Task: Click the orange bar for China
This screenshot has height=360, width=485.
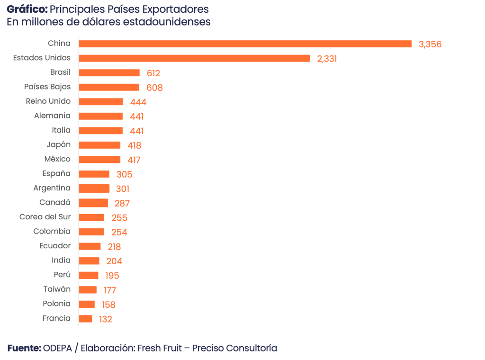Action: tap(245, 44)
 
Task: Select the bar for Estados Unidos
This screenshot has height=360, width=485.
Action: tap(195, 58)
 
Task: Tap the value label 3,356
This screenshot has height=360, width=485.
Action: tap(430, 45)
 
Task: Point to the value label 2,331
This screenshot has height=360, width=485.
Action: tap(327, 59)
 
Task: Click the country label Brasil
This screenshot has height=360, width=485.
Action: tap(60, 72)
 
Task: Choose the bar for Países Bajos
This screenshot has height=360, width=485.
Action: tap(109, 87)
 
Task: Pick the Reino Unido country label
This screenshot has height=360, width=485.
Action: tap(48, 101)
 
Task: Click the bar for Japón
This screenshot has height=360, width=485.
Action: tap(100, 145)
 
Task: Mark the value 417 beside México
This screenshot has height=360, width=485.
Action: tap(134, 160)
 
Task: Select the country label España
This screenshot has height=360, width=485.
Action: tap(56, 173)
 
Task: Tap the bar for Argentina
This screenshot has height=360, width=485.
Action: tap(94, 189)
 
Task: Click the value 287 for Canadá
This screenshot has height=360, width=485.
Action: tap(122, 204)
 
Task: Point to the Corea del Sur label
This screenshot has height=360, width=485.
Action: tap(45, 217)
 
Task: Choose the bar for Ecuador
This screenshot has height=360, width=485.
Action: tap(90, 246)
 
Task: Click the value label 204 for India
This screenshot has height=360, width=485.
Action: tap(115, 261)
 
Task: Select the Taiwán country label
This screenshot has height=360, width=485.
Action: tap(57, 289)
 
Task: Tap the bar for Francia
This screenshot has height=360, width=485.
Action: tap(86, 319)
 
